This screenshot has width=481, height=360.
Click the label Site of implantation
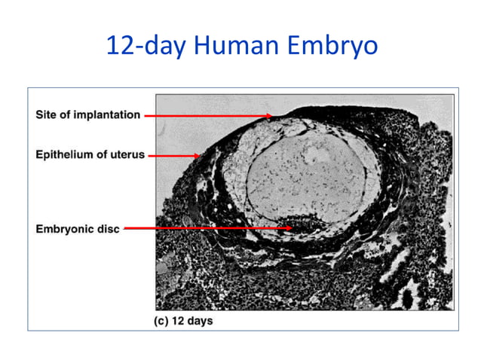[87, 115]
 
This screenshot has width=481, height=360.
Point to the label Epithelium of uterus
[90, 155]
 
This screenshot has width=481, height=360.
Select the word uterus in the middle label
[127, 155]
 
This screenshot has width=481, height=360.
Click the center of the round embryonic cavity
[305, 181]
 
